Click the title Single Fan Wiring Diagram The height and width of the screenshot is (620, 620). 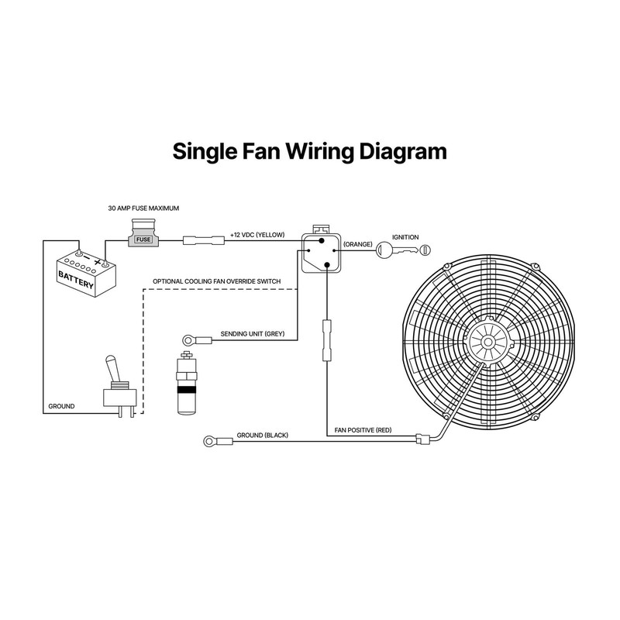coord(309,150)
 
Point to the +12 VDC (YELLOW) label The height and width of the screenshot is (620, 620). coord(258,234)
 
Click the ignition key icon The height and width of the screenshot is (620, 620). coord(403,249)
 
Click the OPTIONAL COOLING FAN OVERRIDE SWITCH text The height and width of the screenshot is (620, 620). coord(216,281)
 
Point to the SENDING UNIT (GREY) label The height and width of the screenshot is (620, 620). coord(253,334)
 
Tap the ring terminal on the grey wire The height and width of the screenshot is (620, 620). coord(188,338)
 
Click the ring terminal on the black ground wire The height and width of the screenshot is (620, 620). coord(208,442)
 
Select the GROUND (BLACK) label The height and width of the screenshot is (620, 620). coord(262,436)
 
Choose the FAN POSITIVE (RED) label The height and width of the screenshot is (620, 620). coord(363,429)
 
